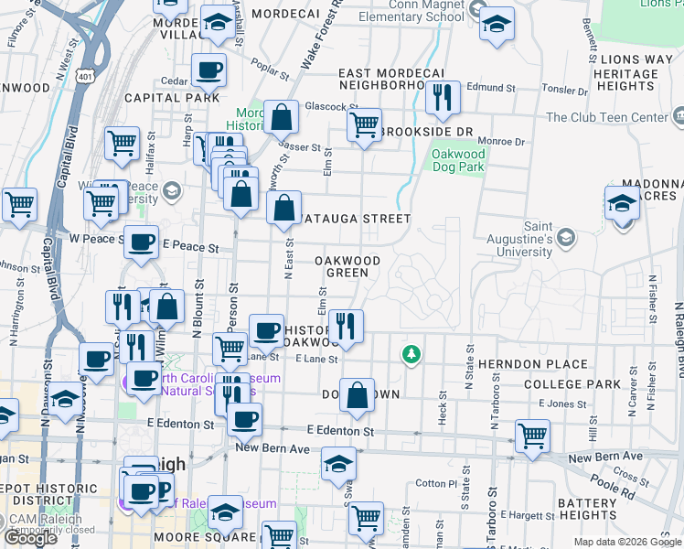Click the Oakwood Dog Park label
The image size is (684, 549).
point(458,161)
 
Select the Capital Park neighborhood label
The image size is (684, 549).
point(172,97)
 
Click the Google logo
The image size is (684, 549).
point(31,538)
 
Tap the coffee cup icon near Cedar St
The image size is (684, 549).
point(208,70)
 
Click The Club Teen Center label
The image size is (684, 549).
point(606,118)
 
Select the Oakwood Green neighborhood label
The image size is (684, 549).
point(347,266)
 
